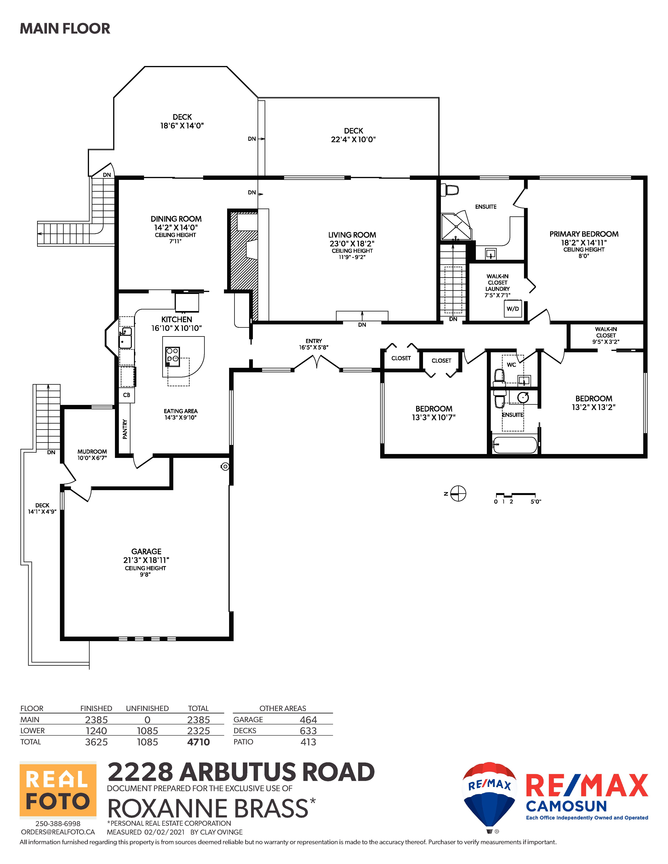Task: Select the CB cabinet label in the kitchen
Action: click(x=127, y=395)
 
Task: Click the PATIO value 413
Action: click(x=308, y=742)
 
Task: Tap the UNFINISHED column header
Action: click(x=147, y=708)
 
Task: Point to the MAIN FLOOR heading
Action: click(x=65, y=28)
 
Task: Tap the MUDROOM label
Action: click(x=92, y=451)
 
